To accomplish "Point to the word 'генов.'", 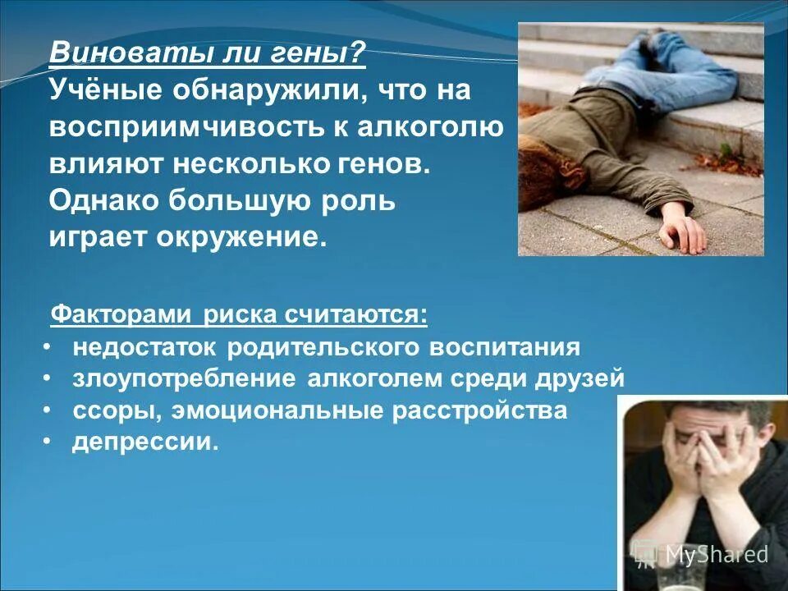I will (x=385, y=163).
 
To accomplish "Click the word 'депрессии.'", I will (x=146, y=442).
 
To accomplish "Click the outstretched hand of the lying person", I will (x=684, y=232).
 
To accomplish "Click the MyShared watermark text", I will (x=716, y=554).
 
